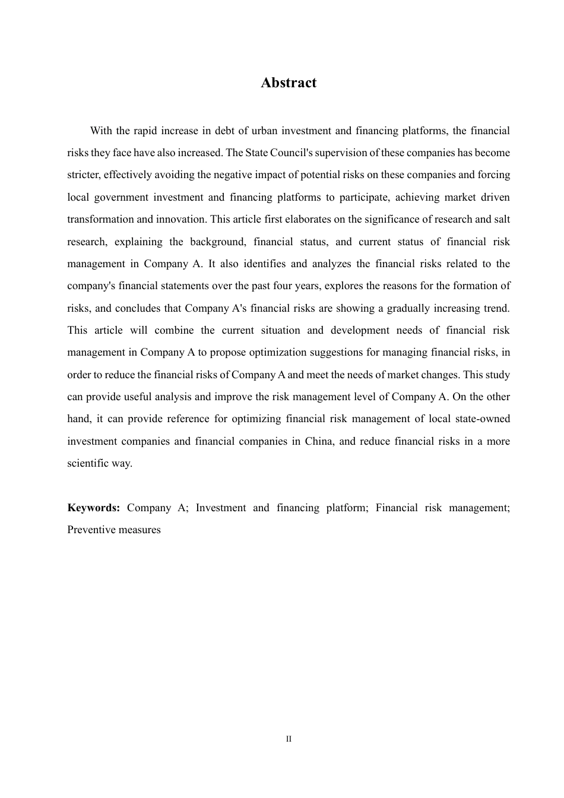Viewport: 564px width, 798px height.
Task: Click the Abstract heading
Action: click(x=289, y=83)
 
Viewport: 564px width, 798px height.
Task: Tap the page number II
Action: click(x=289, y=739)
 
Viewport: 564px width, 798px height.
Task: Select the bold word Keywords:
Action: click(x=94, y=508)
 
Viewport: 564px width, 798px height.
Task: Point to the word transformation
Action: click(x=100, y=219)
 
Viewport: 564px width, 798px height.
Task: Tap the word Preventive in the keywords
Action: click(x=89, y=530)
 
